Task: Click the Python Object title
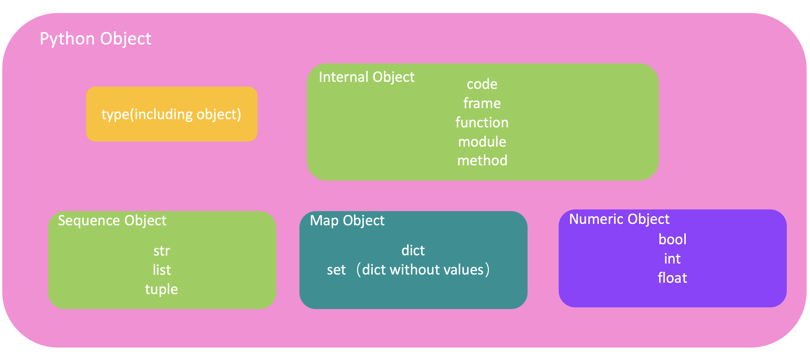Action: tap(95, 39)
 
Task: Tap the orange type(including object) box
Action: tap(172, 114)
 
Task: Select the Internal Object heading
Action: tap(366, 77)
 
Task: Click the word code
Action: tap(482, 84)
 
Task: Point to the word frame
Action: tap(482, 103)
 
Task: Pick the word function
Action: tap(482, 122)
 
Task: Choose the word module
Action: tap(482, 142)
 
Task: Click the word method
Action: tap(482, 160)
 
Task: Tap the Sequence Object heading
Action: tap(112, 220)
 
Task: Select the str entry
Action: tap(162, 251)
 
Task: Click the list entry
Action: tap(162, 270)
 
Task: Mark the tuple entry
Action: tap(161, 289)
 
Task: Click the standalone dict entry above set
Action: tap(413, 250)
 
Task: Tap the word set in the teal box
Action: tap(336, 270)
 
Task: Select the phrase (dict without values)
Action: tap(423, 270)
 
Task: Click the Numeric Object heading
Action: tap(619, 219)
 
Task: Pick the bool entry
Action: tap(672, 240)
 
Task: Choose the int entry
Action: tap(672, 259)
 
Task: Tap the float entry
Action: tap(672, 278)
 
